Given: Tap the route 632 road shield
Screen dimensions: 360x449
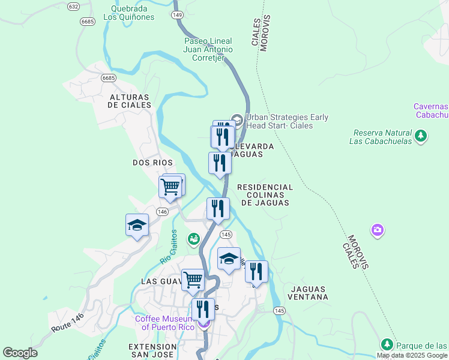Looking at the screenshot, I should tap(73, 6).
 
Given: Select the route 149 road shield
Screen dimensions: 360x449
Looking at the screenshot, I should tap(177, 14).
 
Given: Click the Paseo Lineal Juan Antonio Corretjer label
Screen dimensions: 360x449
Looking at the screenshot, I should tap(208, 49).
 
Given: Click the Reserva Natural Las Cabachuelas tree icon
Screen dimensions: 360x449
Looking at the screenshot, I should tap(421, 136).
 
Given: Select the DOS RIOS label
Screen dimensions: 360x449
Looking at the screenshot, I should tap(152, 163).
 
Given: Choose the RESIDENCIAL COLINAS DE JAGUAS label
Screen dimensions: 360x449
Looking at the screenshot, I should tap(265, 195).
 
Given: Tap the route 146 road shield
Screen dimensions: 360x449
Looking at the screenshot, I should tap(163, 212).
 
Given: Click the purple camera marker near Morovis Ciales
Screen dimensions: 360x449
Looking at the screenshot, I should tap(377, 230).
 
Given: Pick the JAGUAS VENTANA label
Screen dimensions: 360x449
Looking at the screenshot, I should tap(309, 293).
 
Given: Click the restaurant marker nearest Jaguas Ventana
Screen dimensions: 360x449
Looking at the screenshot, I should tap(256, 272).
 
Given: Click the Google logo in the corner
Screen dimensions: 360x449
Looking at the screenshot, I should tap(20, 353).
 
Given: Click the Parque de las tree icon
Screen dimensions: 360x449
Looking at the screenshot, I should tap(387, 344).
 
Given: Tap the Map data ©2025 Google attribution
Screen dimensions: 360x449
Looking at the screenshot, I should tap(412, 355).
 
